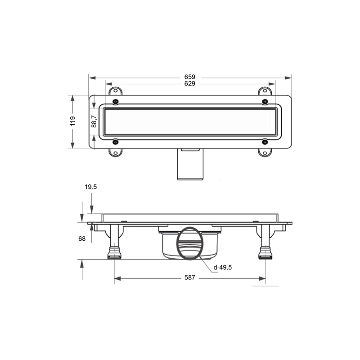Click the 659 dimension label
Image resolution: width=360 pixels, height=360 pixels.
(189, 77)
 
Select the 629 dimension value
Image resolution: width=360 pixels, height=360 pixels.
(189, 84)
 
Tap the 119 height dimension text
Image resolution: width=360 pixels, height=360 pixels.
(73, 121)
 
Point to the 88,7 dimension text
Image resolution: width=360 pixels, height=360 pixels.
(94, 121)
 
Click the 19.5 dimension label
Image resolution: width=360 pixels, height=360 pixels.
(91, 187)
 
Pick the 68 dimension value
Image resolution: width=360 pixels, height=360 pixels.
(82, 239)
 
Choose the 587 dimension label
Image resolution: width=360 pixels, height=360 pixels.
(189, 278)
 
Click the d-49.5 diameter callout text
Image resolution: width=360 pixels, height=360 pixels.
(222, 267)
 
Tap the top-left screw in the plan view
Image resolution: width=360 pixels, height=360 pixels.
(116, 102)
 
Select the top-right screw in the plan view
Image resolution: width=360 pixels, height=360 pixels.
(265, 102)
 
